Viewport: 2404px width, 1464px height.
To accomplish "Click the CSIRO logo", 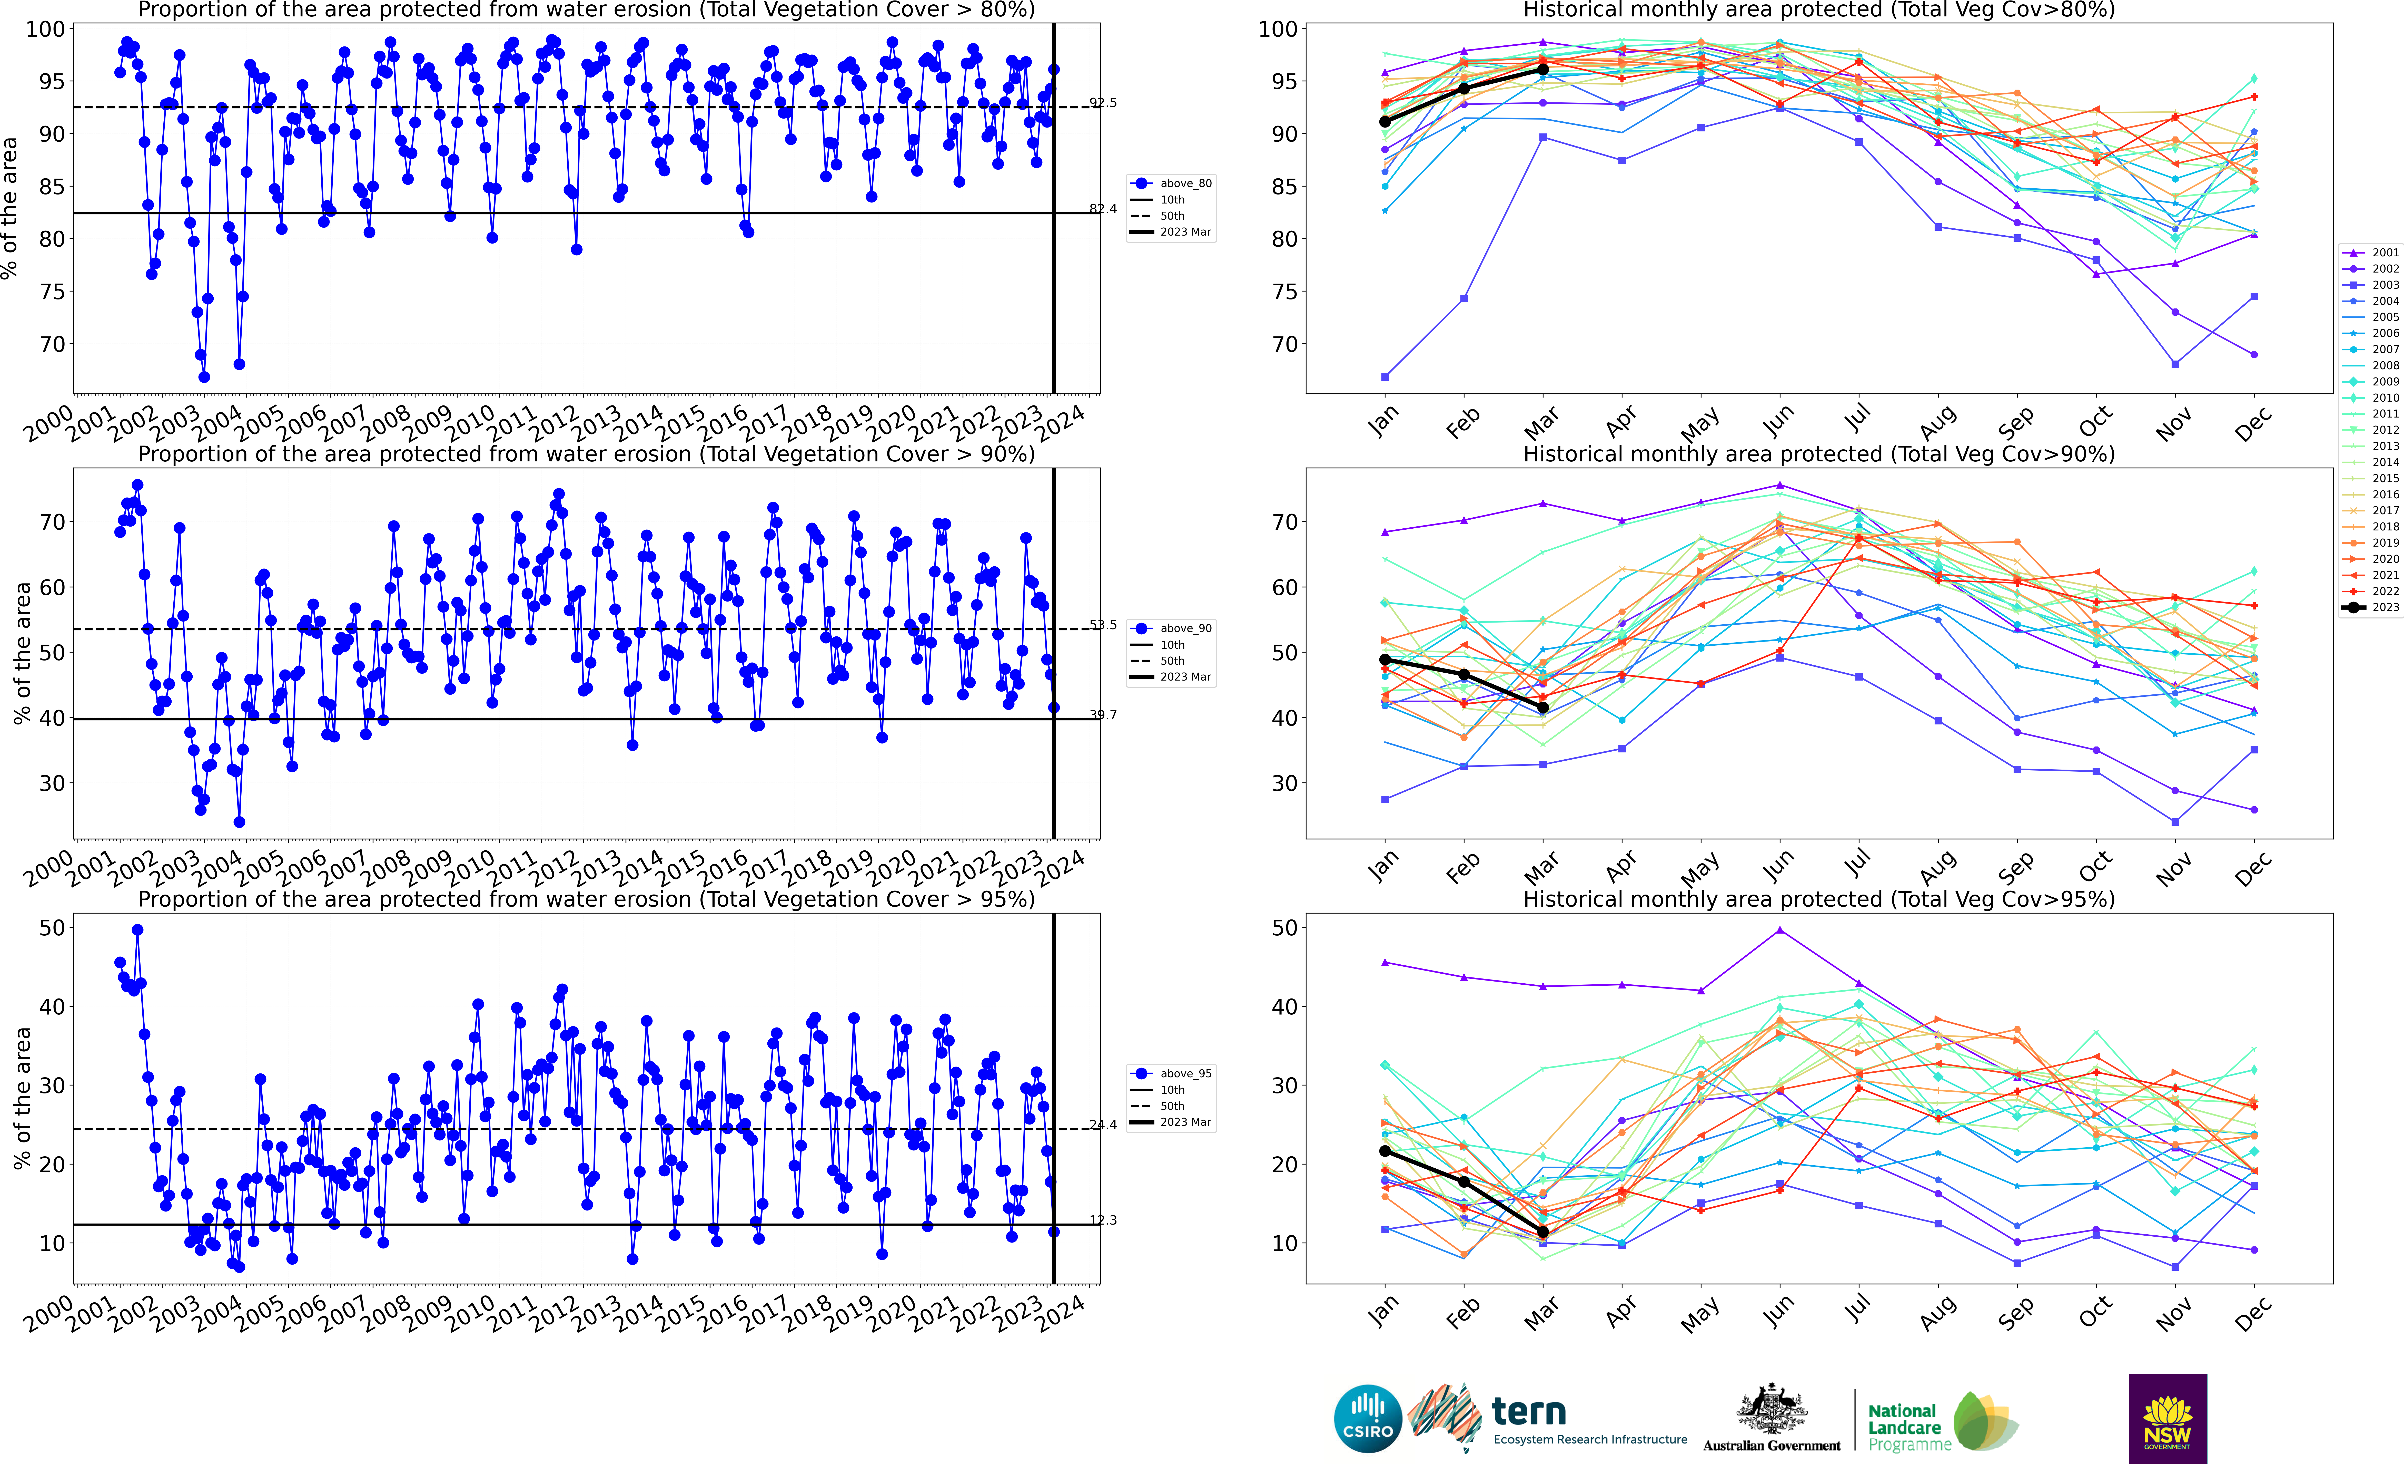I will pyautogui.click(x=1368, y=1418).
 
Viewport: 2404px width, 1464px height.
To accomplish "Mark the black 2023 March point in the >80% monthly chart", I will pyautogui.click(x=1542, y=69).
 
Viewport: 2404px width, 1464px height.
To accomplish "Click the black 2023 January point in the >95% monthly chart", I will pyautogui.click(x=1384, y=1151).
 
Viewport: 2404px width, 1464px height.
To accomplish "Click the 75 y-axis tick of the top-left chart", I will pyautogui.click(x=51, y=292).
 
